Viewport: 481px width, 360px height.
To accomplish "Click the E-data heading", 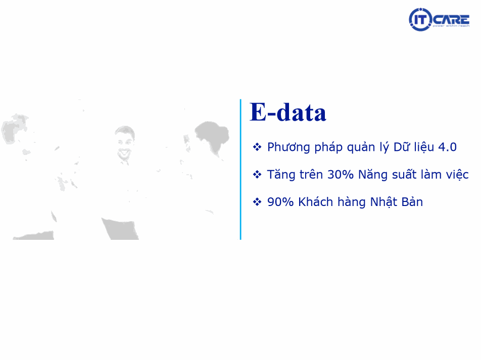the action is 288,112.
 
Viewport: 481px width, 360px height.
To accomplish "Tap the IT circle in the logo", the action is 420,20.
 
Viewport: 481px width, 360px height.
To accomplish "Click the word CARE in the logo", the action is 451,20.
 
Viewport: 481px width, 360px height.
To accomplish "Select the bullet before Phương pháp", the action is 257,147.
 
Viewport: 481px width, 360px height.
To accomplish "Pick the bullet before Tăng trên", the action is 257,175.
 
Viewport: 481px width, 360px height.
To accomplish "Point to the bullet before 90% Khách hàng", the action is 257,202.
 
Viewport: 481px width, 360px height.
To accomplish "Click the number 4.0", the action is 447,147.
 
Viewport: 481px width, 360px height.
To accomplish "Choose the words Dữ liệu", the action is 414,147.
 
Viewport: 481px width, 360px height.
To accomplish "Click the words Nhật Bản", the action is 397,202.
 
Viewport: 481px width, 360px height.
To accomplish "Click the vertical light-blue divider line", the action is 240,169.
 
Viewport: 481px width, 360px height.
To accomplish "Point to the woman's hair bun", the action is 212,130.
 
